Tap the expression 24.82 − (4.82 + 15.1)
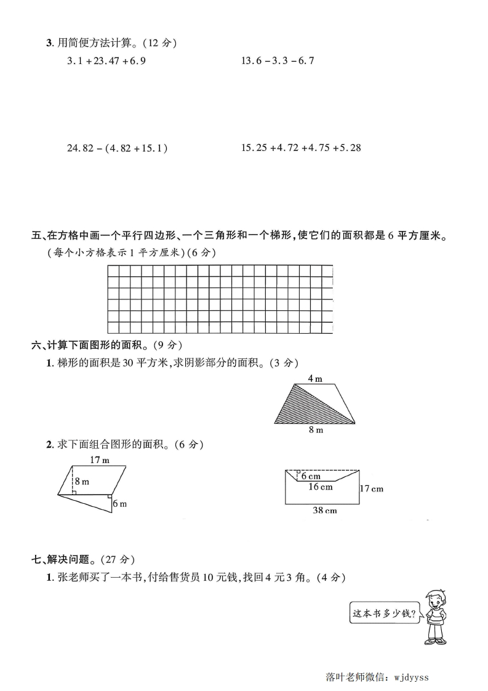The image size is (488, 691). pyautogui.click(x=117, y=148)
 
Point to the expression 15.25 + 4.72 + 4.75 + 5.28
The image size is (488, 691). pyautogui.click(x=301, y=148)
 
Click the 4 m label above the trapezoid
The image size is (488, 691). pyautogui.click(x=314, y=379)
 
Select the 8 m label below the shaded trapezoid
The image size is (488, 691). pyautogui.click(x=316, y=430)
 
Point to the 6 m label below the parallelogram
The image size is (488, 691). pyautogui.click(x=119, y=504)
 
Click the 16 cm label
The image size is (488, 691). pyautogui.click(x=320, y=487)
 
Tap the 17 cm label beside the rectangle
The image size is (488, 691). pyautogui.click(x=371, y=489)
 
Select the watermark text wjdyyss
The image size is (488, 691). pyautogui.click(x=410, y=677)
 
